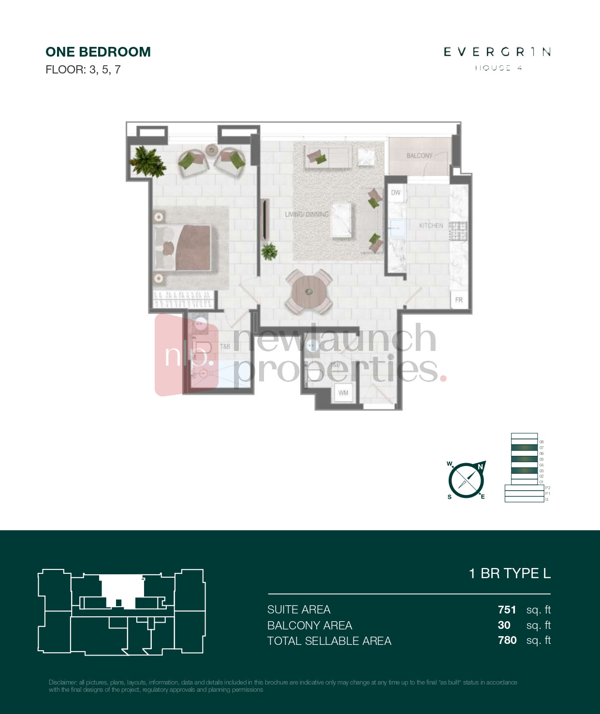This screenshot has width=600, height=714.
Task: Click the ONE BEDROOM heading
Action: pos(98,52)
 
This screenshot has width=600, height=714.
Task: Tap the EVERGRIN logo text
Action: pos(497,52)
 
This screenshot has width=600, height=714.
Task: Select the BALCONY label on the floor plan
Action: pos(419,156)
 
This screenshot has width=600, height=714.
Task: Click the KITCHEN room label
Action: pos(431,225)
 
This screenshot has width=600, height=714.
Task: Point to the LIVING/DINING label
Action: pos(307,214)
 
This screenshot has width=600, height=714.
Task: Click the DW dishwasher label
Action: pos(395,192)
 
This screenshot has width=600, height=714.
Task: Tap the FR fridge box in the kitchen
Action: pos(459,300)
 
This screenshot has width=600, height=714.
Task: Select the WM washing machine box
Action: pos(343,393)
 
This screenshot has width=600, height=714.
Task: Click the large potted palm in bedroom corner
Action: pos(147,161)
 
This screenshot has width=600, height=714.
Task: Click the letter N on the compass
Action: pos(480,466)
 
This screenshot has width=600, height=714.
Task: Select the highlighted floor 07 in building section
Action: pos(524,448)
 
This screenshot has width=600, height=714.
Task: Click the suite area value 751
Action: pos(507,610)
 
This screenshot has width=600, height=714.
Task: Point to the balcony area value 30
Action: pos(504,625)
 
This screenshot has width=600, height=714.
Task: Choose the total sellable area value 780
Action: pos(507,640)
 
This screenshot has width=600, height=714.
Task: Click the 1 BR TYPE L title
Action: pos(510,573)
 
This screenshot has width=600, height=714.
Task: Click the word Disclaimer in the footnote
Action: pos(63,682)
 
